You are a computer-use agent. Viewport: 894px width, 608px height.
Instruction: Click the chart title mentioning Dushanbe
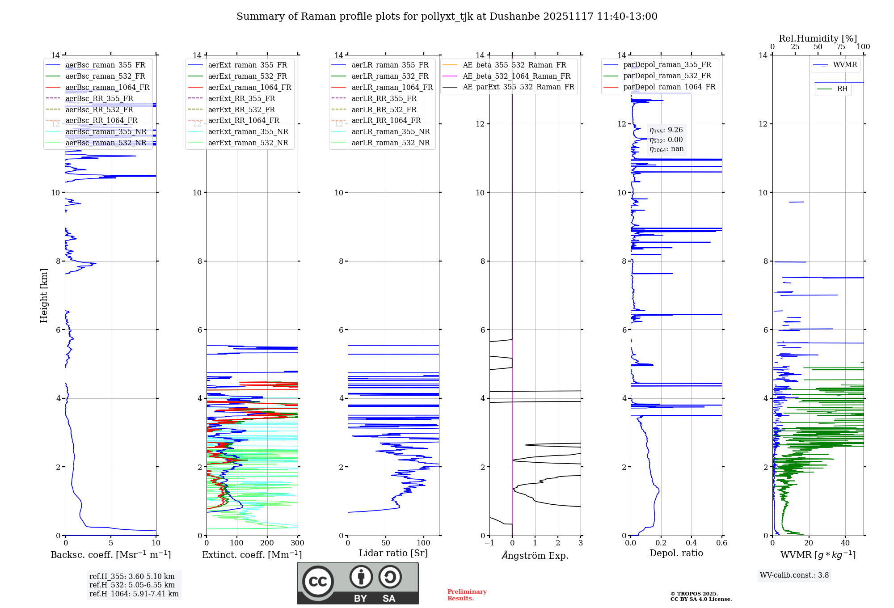(x=447, y=17)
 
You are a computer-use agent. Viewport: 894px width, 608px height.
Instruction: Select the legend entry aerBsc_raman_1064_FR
(x=107, y=87)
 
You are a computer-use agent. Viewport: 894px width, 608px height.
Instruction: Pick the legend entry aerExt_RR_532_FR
(x=241, y=110)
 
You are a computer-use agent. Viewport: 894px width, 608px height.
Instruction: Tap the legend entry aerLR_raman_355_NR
(x=390, y=131)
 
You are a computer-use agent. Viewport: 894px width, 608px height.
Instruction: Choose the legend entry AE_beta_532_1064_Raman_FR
(x=516, y=76)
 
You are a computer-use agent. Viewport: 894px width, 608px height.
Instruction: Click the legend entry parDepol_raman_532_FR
(x=667, y=76)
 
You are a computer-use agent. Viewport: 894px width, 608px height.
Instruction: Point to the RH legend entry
(x=842, y=89)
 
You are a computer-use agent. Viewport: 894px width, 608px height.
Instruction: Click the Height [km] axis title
(x=44, y=295)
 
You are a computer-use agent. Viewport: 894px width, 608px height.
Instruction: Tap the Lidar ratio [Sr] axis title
(x=393, y=553)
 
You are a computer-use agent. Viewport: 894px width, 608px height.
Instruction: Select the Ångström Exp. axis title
(x=535, y=555)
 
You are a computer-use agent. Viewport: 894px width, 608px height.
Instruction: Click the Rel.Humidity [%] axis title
(x=818, y=38)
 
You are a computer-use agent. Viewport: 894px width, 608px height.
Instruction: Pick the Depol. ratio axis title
(x=676, y=553)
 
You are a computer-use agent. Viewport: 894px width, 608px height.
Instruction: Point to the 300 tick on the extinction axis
(x=297, y=543)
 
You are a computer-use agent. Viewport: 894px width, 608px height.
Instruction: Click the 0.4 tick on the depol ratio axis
(x=692, y=543)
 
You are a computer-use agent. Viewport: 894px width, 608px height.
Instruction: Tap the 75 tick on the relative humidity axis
(x=841, y=47)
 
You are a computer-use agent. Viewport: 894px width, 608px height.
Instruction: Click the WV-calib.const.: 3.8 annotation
(x=794, y=575)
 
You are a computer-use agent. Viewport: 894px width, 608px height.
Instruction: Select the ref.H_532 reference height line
(x=132, y=585)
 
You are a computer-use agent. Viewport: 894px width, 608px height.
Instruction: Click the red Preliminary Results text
(x=467, y=595)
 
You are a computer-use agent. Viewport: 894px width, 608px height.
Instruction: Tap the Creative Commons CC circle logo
(x=318, y=581)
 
